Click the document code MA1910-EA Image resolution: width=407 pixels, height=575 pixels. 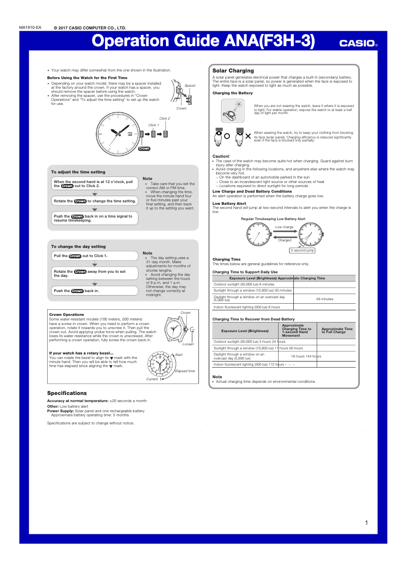tap(30, 27)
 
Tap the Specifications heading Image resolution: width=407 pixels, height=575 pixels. tap(67, 393)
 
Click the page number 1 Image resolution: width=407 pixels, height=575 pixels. tap(366, 523)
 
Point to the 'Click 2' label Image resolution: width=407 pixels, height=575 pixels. tap(164, 118)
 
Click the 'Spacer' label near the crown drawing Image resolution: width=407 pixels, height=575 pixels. tap(190, 86)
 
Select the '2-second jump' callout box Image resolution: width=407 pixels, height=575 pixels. tap(302, 250)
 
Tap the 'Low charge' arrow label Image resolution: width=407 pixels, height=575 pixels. tap(284, 227)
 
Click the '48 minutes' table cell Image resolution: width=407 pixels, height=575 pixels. tap(324, 299)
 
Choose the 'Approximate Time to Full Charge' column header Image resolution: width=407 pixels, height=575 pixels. tap(336, 331)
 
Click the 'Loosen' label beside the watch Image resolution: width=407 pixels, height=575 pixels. tap(188, 344)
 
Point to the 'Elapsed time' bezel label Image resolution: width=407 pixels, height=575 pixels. tap(185, 371)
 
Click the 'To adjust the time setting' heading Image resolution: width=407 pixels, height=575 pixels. tap(78, 172)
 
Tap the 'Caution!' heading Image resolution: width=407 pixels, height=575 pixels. tap(221, 156)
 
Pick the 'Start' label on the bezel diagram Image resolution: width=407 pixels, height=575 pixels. tap(179, 354)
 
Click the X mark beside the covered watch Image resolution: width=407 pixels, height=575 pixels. tap(248, 136)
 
